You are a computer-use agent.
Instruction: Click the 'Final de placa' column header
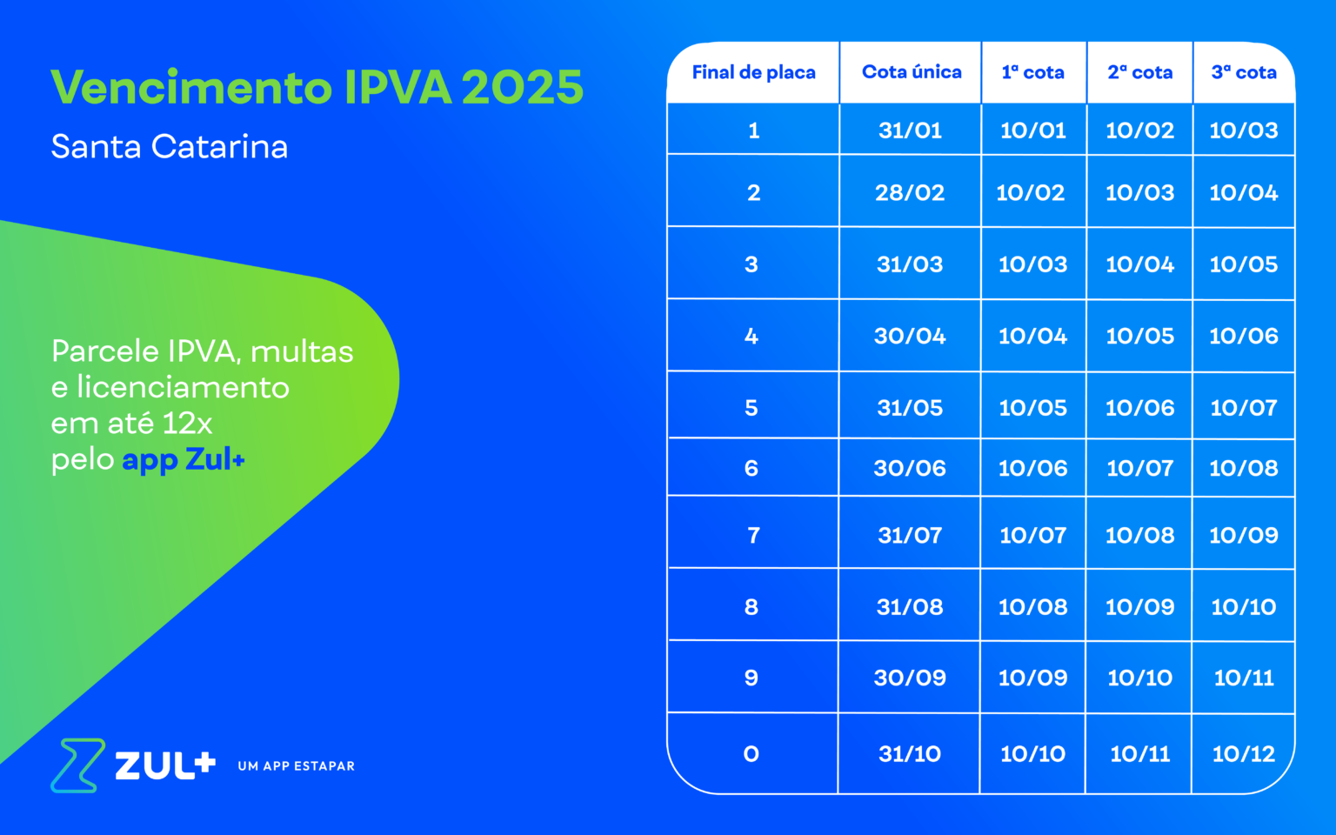tap(753, 72)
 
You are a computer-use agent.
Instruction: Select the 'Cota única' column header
tap(912, 72)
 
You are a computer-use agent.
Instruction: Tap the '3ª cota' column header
tap(1244, 72)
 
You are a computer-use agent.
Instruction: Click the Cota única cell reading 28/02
tap(910, 192)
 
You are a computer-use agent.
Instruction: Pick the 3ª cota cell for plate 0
tap(1244, 754)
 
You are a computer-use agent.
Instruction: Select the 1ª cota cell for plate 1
tap(1033, 130)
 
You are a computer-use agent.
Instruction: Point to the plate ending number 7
tap(753, 535)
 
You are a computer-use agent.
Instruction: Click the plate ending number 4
tap(751, 336)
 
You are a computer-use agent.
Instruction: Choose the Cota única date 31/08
tap(910, 607)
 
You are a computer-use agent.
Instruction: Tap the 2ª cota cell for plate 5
tap(1139, 408)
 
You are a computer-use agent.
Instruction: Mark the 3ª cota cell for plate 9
tap(1244, 678)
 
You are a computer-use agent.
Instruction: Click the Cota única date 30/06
tap(910, 468)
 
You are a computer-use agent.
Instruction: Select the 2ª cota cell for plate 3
tap(1139, 264)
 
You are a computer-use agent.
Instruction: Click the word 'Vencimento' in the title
tap(191, 87)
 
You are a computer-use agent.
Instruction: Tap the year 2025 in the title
tap(523, 87)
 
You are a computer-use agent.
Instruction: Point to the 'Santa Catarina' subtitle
tap(170, 147)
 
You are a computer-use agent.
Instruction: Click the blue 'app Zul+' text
tap(184, 460)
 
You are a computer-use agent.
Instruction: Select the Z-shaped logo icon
tap(77, 765)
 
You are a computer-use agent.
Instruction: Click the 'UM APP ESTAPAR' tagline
tap(296, 765)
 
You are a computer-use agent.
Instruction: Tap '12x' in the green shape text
tap(187, 424)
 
